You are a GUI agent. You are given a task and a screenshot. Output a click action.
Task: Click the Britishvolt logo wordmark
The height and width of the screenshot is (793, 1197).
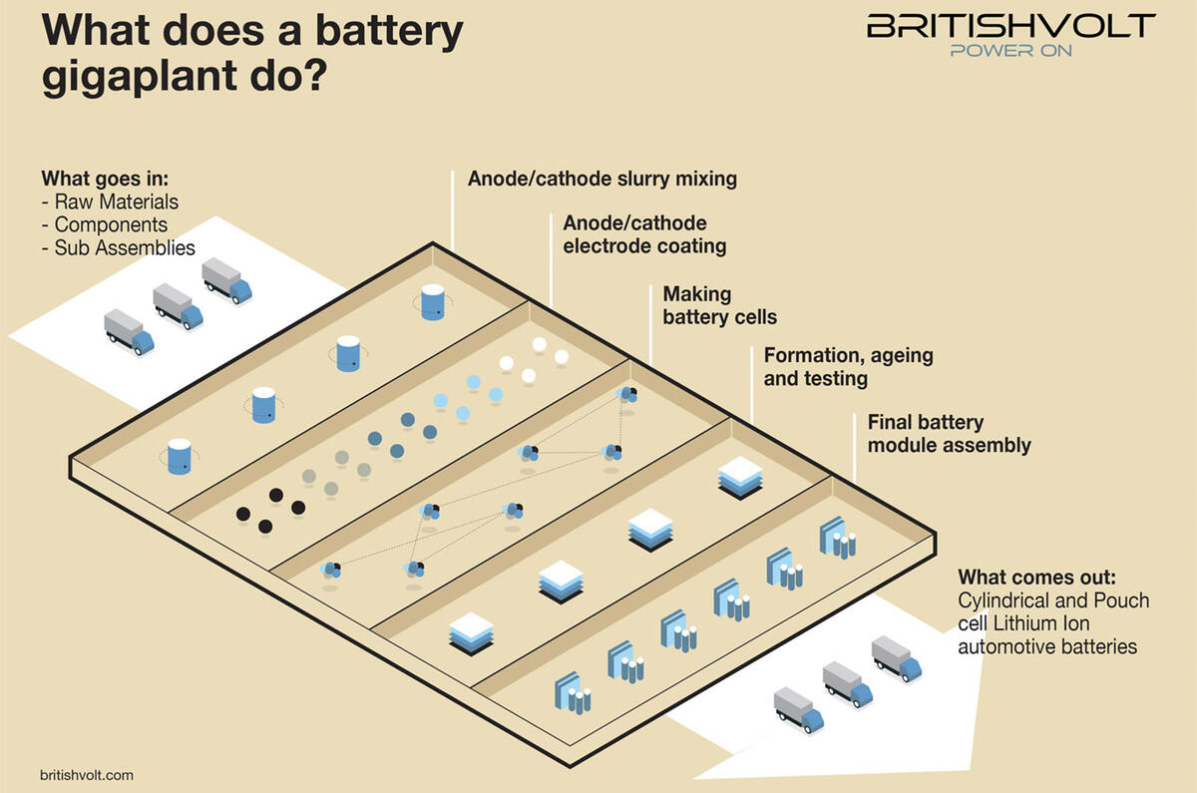tap(1010, 26)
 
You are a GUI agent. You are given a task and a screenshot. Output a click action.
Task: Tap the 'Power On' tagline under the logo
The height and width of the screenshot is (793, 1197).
tap(1010, 50)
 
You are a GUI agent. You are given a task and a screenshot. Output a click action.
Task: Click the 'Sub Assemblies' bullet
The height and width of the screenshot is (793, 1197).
tap(125, 247)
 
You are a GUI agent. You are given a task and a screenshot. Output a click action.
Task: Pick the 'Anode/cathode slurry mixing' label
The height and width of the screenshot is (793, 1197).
tap(602, 180)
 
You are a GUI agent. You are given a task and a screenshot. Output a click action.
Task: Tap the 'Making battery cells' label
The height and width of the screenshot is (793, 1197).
tap(719, 306)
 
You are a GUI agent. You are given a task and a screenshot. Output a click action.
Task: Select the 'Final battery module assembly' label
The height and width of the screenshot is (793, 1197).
tap(949, 434)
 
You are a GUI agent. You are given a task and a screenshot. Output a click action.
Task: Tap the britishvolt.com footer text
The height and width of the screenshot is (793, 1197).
tap(87, 774)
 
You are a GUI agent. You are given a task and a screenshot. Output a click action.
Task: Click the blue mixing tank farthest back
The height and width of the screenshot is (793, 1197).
tap(432, 301)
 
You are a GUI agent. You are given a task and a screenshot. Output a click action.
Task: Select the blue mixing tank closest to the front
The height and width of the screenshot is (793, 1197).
tap(180, 456)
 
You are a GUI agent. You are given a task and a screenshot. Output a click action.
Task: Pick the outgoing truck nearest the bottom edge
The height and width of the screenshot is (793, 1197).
tap(799, 709)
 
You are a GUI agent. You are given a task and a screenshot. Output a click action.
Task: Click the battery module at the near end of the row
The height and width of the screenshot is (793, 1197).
tap(572, 692)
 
